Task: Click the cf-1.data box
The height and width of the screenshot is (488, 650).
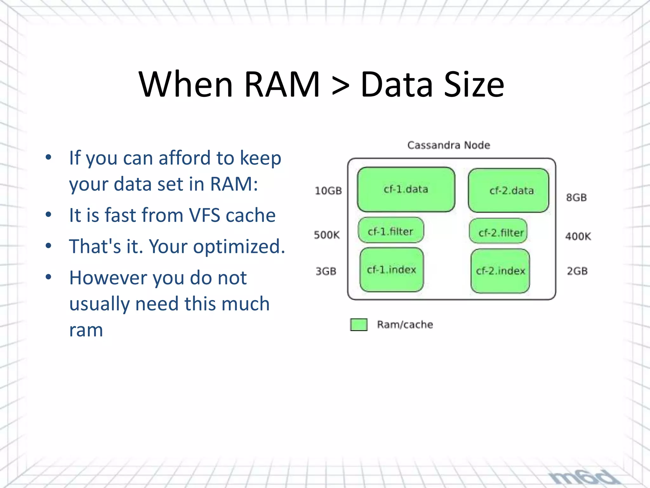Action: coord(406,190)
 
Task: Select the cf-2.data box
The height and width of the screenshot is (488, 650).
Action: coord(508,191)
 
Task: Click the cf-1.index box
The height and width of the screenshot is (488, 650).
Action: coord(391,270)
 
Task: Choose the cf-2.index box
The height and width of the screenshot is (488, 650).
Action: coord(500,271)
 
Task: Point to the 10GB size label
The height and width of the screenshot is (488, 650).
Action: coord(328,191)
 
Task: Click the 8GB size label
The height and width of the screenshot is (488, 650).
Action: coord(576,198)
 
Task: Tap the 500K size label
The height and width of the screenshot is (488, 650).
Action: coord(327,235)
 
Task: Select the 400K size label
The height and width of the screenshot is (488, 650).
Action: coord(578,236)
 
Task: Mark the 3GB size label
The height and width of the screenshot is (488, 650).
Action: coord(326,271)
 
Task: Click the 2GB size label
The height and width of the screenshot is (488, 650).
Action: coord(577,271)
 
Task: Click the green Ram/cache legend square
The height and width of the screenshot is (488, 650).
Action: coord(359,325)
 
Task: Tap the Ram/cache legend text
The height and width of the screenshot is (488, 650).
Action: coord(405,325)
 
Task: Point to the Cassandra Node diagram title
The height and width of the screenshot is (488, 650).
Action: coord(448,145)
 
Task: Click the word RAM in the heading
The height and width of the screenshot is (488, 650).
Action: coord(282,85)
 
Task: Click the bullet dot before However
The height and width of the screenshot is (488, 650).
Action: coord(48,277)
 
